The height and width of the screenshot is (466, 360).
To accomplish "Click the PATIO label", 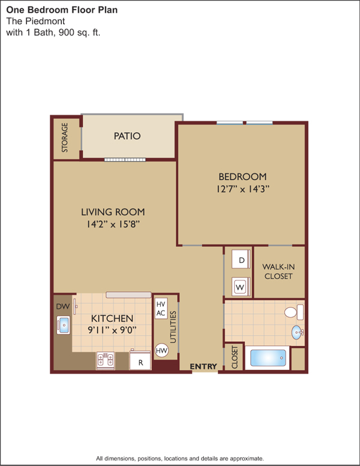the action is tap(127, 136).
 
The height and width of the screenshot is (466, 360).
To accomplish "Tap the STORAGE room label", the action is tap(64, 138).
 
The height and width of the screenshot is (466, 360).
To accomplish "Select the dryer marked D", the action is tap(241, 259).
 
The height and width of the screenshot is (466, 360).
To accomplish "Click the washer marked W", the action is tap(241, 286).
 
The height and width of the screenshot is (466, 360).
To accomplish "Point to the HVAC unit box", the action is tap(161, 309).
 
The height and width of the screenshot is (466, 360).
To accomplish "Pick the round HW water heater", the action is tap(161, 350).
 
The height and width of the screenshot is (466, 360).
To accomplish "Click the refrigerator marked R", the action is tap(140, 360).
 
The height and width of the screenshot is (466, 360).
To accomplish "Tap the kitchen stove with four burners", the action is tap(106, 360).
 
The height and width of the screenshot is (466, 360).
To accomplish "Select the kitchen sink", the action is tap(63, 325).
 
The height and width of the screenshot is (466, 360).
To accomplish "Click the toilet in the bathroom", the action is tap(294, 312).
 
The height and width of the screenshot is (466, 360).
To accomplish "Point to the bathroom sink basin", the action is tap(297, 332).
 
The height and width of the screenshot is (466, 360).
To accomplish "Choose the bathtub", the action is tap(268, 358).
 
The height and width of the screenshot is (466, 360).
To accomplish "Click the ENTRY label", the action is tap(203, 366).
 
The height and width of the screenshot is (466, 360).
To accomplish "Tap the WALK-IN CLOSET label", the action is tap(278, 271).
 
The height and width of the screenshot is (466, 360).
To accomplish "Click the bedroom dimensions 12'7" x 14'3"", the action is tap(243, 189).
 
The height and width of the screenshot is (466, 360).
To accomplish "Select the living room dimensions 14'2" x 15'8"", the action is tap(113, 224).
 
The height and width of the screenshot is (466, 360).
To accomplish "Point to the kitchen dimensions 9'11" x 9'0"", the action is tap(112, 330).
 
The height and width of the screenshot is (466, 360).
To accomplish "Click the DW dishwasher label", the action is tap(63, 306).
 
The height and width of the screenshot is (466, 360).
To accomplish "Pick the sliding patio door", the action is tap(125, 160).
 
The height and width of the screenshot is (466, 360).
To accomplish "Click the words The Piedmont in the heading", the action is tap(35, 21).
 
